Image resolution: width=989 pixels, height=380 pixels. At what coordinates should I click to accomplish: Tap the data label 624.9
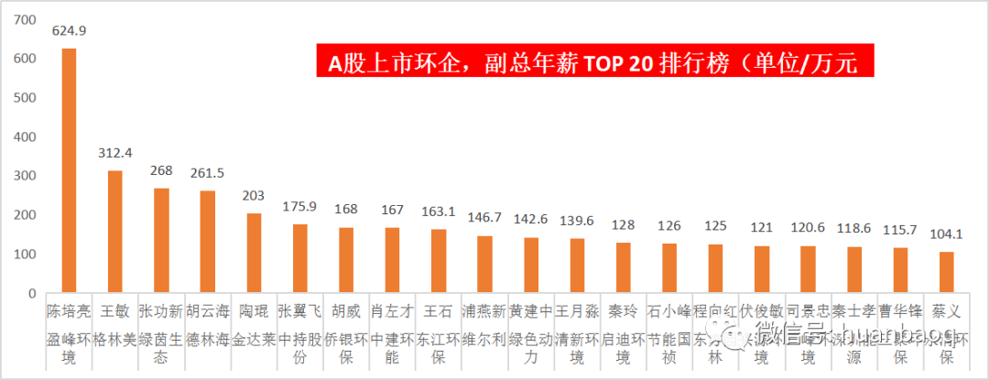point(69,31)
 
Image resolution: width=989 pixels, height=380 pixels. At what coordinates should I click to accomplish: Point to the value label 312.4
point(115,153)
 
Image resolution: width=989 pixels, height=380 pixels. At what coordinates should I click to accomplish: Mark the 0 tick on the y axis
point(32,294)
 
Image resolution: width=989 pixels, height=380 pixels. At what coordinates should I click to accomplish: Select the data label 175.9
point(299,206)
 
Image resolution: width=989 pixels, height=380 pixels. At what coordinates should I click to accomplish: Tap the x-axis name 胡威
point(346,312)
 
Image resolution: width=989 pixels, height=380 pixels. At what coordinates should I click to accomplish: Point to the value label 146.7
point(484,218)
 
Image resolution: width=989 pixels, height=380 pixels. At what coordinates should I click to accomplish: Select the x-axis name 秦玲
point(623,312)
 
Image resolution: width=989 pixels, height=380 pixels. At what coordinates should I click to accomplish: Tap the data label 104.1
point(946,234)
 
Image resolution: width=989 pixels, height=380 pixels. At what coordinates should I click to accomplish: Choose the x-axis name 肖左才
point(392,312)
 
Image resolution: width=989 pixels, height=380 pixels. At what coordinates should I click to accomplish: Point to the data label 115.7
point(900,230)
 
